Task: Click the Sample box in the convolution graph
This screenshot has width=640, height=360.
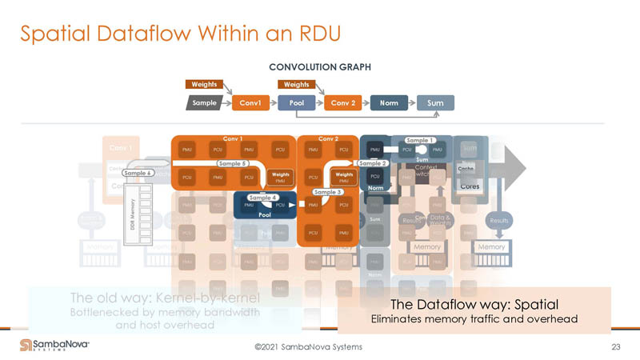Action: click(x=205, y=103)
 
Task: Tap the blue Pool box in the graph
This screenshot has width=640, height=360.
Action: click(x=296, y=103)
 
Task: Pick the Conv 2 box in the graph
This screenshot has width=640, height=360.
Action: click(x=344, y=103)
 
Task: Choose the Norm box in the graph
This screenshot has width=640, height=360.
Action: click(x=390, y=103)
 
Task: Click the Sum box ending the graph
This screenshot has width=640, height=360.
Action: click(x=435, y=103)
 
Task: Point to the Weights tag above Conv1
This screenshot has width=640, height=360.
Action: click(x=204, y=84)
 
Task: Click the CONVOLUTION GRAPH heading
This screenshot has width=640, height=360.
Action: click(x=320, y=67)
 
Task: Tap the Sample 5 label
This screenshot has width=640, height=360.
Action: click(x=233, y=163)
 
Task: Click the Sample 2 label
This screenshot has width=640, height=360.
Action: click(x=372, y=163)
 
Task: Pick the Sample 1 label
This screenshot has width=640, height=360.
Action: click(x=421, y=140)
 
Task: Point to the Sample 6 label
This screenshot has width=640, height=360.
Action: click(x=138, y=173)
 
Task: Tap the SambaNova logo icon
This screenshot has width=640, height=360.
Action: click(x=26, y=345)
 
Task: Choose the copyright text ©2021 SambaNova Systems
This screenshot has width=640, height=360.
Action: click(x=308, y=346)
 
